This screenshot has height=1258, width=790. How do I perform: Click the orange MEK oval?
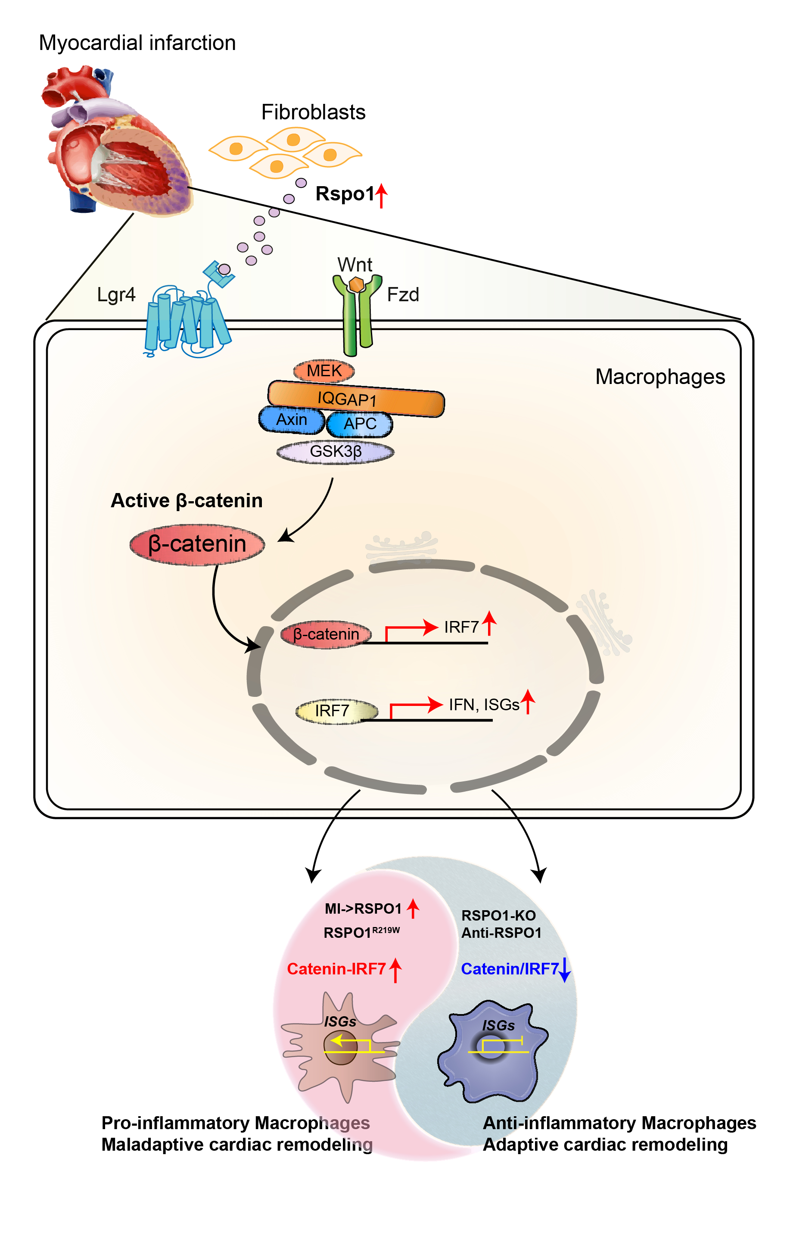(x=324, y=371)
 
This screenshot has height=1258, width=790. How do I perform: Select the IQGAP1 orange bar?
(x=355, y=399)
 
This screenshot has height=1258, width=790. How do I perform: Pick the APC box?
(x=360, y=424)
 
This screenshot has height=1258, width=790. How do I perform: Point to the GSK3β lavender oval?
(x=335, y=451)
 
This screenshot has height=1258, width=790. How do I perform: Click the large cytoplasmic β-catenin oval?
(x=197, y=544)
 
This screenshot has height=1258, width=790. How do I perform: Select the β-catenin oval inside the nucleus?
(x=326, y=634)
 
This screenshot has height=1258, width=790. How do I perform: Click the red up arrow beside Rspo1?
(x=382, y=195)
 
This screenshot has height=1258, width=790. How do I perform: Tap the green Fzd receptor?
(x=358, y=318)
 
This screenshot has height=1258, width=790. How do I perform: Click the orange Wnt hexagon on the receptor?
(x=357, y=285)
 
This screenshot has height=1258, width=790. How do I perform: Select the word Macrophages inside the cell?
(x=659, y=377)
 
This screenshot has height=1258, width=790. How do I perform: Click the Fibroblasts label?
(x=313, y=112)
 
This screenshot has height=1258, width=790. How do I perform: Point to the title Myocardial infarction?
(x=137, y=43)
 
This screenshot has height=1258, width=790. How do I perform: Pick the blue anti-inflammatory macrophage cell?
(x=491, y=1053)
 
